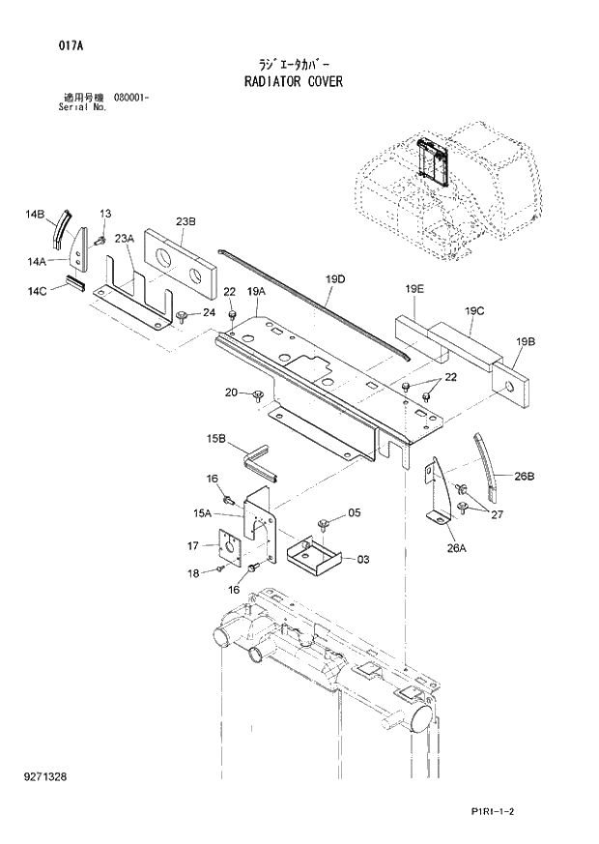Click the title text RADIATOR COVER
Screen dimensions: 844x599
294,82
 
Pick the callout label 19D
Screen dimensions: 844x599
334,279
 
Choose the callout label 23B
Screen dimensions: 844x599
186,222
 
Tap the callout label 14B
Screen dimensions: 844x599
36,214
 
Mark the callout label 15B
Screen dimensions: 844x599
214,440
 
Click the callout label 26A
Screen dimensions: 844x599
455,548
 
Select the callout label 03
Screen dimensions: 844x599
363,559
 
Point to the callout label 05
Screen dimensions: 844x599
354,512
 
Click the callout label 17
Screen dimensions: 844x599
193,547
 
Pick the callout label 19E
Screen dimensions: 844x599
414,288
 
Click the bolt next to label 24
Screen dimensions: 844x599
182,315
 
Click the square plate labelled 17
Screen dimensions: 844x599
231,546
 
